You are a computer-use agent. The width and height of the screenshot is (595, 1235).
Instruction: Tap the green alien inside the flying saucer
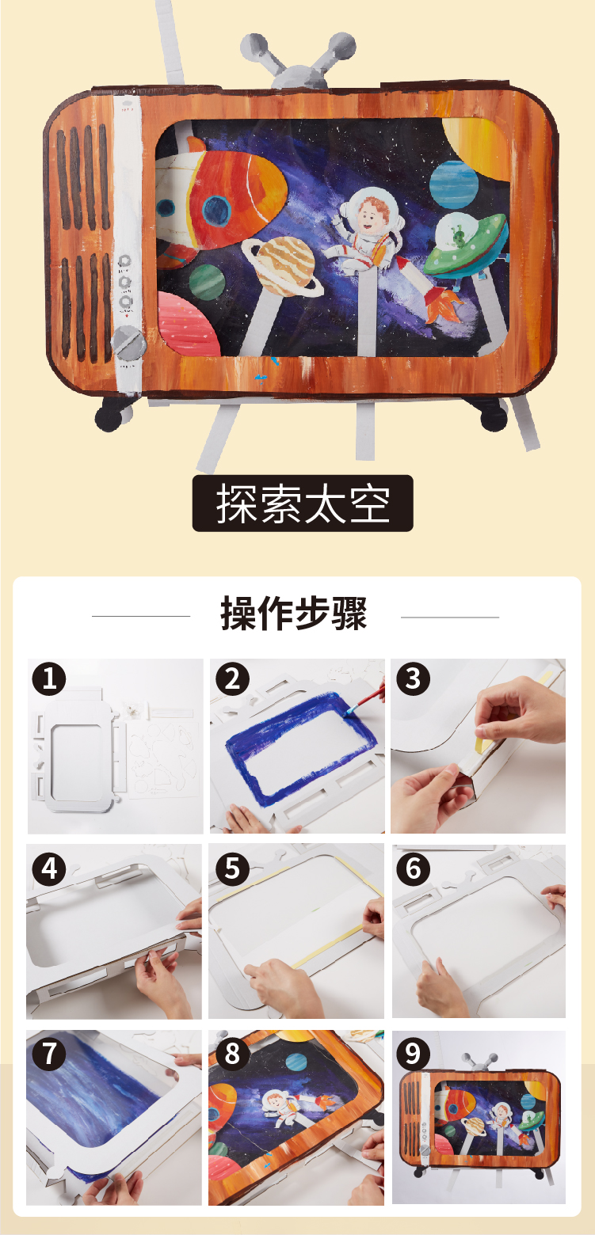[x=458, y=234]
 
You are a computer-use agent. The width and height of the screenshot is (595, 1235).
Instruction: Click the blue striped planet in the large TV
[x=454, y=184]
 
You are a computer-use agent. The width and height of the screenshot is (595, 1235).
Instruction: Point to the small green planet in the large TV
[x=207, y=282]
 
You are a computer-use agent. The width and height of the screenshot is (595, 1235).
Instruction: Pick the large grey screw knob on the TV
[x=128, y=342]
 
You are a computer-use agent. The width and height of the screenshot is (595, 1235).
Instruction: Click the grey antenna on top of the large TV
[x=299, y=62]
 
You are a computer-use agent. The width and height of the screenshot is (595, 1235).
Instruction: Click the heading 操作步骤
[x=294, y=613]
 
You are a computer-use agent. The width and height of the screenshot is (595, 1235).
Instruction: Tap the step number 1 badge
[x=49, y=678]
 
